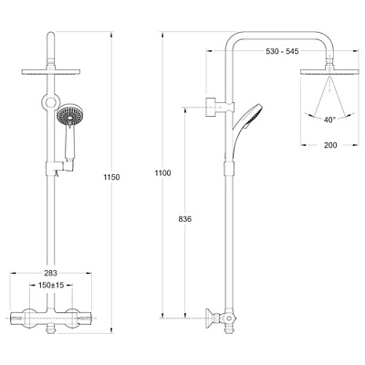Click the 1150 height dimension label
click(x=111, y=177)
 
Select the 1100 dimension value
click(x=163, y=173)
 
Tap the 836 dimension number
click(x=185, y=219)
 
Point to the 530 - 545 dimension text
click(x=282, y=51)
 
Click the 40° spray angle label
click(x=329, y=120)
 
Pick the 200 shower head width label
click(x=330, y=145)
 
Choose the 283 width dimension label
click(x=51, y=273)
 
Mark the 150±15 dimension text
click(x=51, y=286)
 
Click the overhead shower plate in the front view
click(x=51, y=72)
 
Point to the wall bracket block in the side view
click(x=211, y=107)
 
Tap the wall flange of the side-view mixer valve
click(x=209, y=318)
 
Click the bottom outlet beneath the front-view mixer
click(x=51, y=329)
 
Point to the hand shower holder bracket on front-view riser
click(x=59, y=167)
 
